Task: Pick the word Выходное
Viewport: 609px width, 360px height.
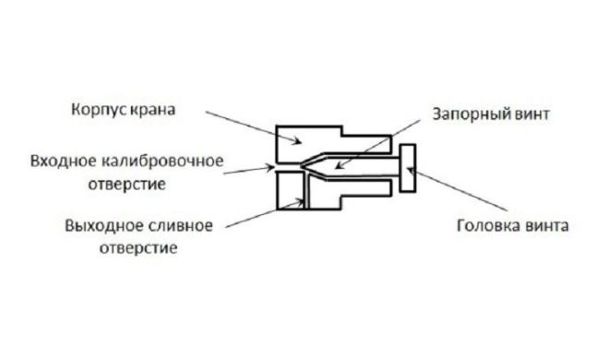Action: pos(100,225)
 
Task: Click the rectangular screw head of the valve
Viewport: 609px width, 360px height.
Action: pos(409,170)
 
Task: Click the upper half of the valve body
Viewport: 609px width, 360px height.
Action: pos(304,138)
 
